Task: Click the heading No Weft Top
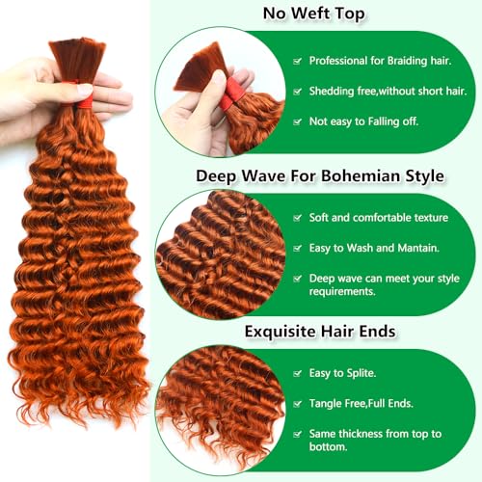(314, 13)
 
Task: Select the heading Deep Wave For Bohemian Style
(320, 176)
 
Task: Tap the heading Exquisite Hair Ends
(320, 332)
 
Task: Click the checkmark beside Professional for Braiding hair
(298, 61)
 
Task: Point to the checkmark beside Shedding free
(298, 92)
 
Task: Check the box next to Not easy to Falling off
(298, 121)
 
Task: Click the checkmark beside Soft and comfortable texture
(298, 218)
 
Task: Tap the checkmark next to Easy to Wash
(298, 248)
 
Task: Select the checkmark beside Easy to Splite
(298, 373)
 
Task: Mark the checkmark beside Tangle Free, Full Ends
(298, 404)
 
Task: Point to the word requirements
(342, 292)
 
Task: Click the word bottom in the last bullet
(328, 447)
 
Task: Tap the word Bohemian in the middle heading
(361, 176)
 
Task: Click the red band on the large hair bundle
(84, 99)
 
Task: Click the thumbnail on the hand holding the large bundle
(85, 90)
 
